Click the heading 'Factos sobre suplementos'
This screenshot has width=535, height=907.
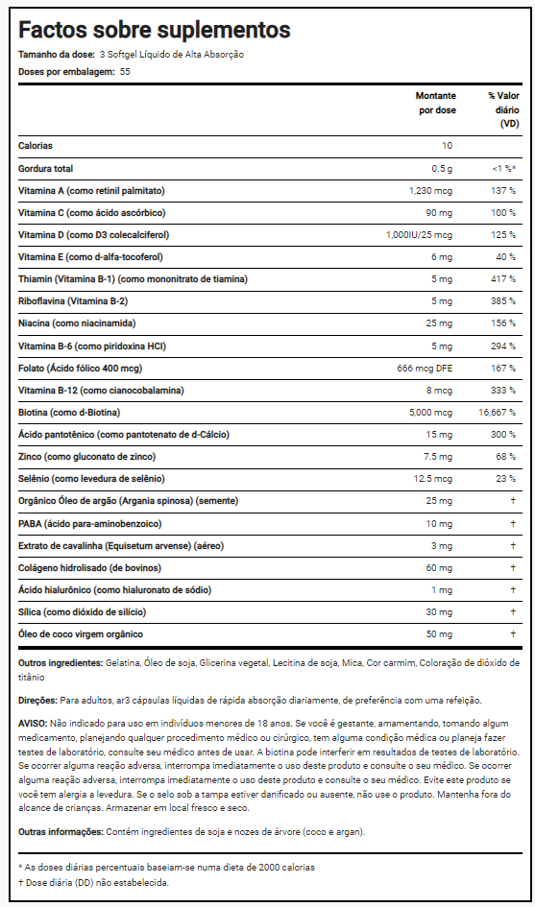155,30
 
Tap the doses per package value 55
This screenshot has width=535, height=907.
125,72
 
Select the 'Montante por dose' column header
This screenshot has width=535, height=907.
437,103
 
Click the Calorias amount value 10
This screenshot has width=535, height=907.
447,146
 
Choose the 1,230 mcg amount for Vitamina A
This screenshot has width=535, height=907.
431,190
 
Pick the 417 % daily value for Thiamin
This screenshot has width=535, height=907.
502,279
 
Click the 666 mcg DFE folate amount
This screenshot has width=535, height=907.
425,368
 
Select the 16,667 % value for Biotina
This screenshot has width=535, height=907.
497,413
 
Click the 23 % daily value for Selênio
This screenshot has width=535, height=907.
505,479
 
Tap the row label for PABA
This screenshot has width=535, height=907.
90,523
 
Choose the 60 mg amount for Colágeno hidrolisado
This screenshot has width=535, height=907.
440,568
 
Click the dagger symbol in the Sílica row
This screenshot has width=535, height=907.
513,612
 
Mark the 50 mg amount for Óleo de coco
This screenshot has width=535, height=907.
440,634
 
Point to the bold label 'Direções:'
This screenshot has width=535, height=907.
37,701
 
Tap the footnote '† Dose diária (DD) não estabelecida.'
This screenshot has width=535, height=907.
93,883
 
